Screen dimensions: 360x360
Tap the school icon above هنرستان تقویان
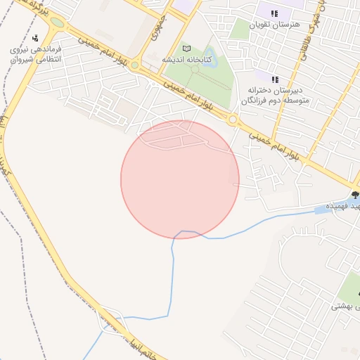click(x=274, y=13)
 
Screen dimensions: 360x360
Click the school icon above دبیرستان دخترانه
click(x=274, y=79)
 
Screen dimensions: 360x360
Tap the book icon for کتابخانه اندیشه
click(x=186, y=49)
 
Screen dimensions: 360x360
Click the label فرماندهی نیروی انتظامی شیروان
click(x=37, y=55)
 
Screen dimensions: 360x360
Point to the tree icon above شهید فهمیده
click(x=354, y=195)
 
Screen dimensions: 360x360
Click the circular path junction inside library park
click(x=195, y=69)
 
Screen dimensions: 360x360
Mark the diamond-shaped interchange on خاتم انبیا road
click(x=113, y=323)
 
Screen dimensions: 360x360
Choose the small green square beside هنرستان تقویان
click(x=240, y=30)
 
